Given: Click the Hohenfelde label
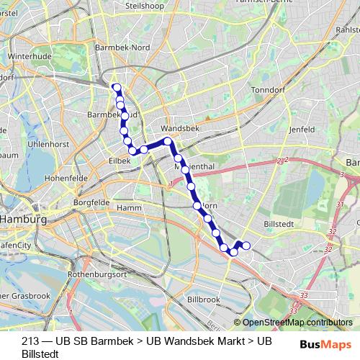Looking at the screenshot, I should click(66, 176).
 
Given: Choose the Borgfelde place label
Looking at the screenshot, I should click(90, 203).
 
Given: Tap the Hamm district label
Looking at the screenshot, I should click(129, 207).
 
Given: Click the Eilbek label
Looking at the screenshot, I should click(119, 161).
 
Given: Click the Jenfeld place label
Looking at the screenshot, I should click(301, 129).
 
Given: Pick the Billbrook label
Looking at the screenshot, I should click(202, 298).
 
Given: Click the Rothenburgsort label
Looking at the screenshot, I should click(96, 275).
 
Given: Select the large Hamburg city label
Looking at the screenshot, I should click(22, 219).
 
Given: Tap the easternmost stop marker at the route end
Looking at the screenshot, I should click(246, 246).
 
